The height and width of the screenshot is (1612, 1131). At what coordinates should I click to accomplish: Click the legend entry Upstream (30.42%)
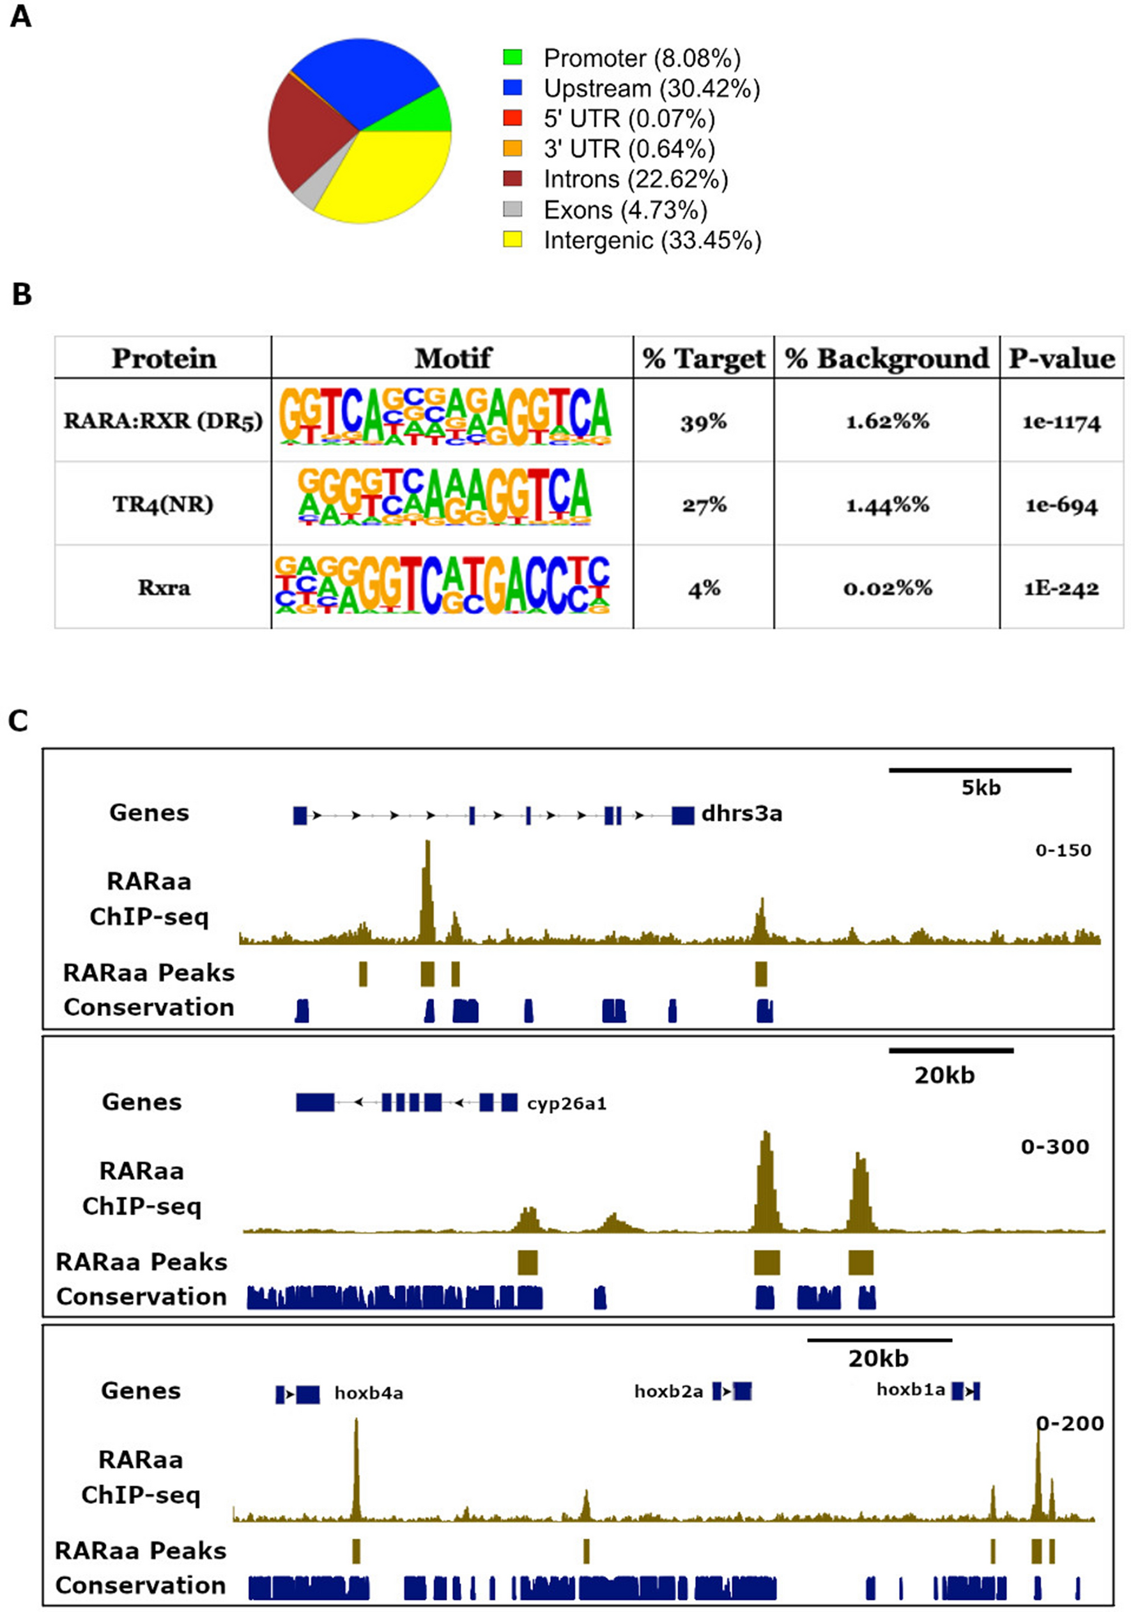pyautogui.click(x=650, y=88)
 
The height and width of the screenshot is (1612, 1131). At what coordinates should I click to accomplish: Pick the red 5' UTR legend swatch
pyautogui.click(x=512, y=118)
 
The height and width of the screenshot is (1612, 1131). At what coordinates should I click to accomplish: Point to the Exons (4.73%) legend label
pyautogui.click(x=625, y=210)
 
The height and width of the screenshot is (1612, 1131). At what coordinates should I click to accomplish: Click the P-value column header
pyautogui.click(x=1061, y=359)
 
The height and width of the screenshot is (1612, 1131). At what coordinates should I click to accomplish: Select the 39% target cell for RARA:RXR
pyautogui.click(x=703, y=422)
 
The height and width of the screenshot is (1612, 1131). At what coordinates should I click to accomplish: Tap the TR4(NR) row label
pyautogui.click(x=163, y=504)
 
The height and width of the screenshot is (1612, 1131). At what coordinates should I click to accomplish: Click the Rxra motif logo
pyautogui.click(x=442, y=587)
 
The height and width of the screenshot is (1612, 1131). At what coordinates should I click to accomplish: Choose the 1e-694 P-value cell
pyautogui.click(x=1061, y=505)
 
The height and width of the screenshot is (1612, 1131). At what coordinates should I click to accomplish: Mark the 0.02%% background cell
pyautogui.click(x=888, y=588)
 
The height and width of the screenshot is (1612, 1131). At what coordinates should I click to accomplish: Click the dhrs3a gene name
pyautogui.click(x=741, y=815)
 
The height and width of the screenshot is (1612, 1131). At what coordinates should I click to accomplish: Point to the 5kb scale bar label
pyautogui.click(x=980, y=788)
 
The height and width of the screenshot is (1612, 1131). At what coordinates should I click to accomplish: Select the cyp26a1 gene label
pyautogui.click(x=567, y=1103)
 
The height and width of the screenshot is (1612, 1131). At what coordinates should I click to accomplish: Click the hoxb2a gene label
pyautogui.click(x=668, y=1391)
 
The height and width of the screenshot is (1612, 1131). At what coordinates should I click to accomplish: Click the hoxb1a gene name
pyautogui.click(x=910, y=1389)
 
